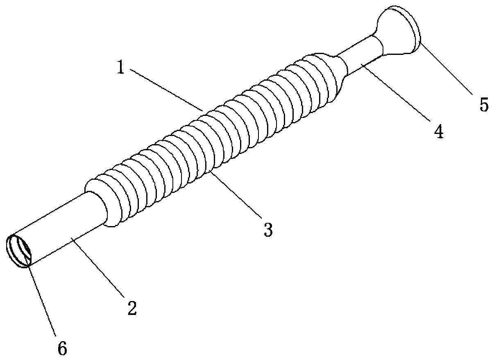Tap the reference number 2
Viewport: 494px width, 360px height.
131,308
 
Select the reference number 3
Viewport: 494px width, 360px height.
267,229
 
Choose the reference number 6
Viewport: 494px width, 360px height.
61,349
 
